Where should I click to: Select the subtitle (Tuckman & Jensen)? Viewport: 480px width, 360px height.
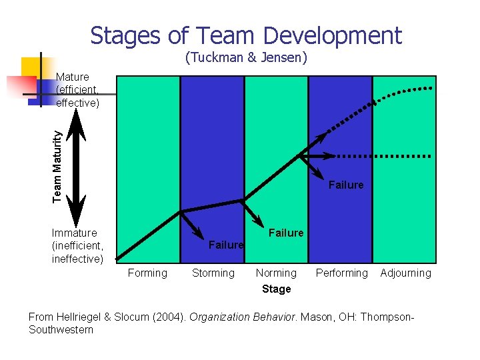point(246,58)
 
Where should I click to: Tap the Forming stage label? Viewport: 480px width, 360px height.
point(147,273)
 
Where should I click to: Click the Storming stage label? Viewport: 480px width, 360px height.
point(213,273)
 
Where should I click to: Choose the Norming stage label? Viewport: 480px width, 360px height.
point(276,273)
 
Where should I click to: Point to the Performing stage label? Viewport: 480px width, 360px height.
point(341,273)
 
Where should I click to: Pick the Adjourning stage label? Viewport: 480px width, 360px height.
point(405,273)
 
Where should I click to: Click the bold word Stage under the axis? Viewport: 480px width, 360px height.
point(276,289)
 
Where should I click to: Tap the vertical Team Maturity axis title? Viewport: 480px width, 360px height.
point(59,165)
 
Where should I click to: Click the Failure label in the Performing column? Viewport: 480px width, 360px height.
point(346,185)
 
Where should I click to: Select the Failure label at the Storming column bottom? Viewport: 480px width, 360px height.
point(226,245)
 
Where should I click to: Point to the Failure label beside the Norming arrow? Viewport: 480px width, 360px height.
point(285,233)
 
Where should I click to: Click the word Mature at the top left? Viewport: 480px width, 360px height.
point(73,77)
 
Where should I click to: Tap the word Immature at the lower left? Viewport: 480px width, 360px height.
point(74,233)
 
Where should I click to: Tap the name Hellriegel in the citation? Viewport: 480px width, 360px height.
point(81,317)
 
